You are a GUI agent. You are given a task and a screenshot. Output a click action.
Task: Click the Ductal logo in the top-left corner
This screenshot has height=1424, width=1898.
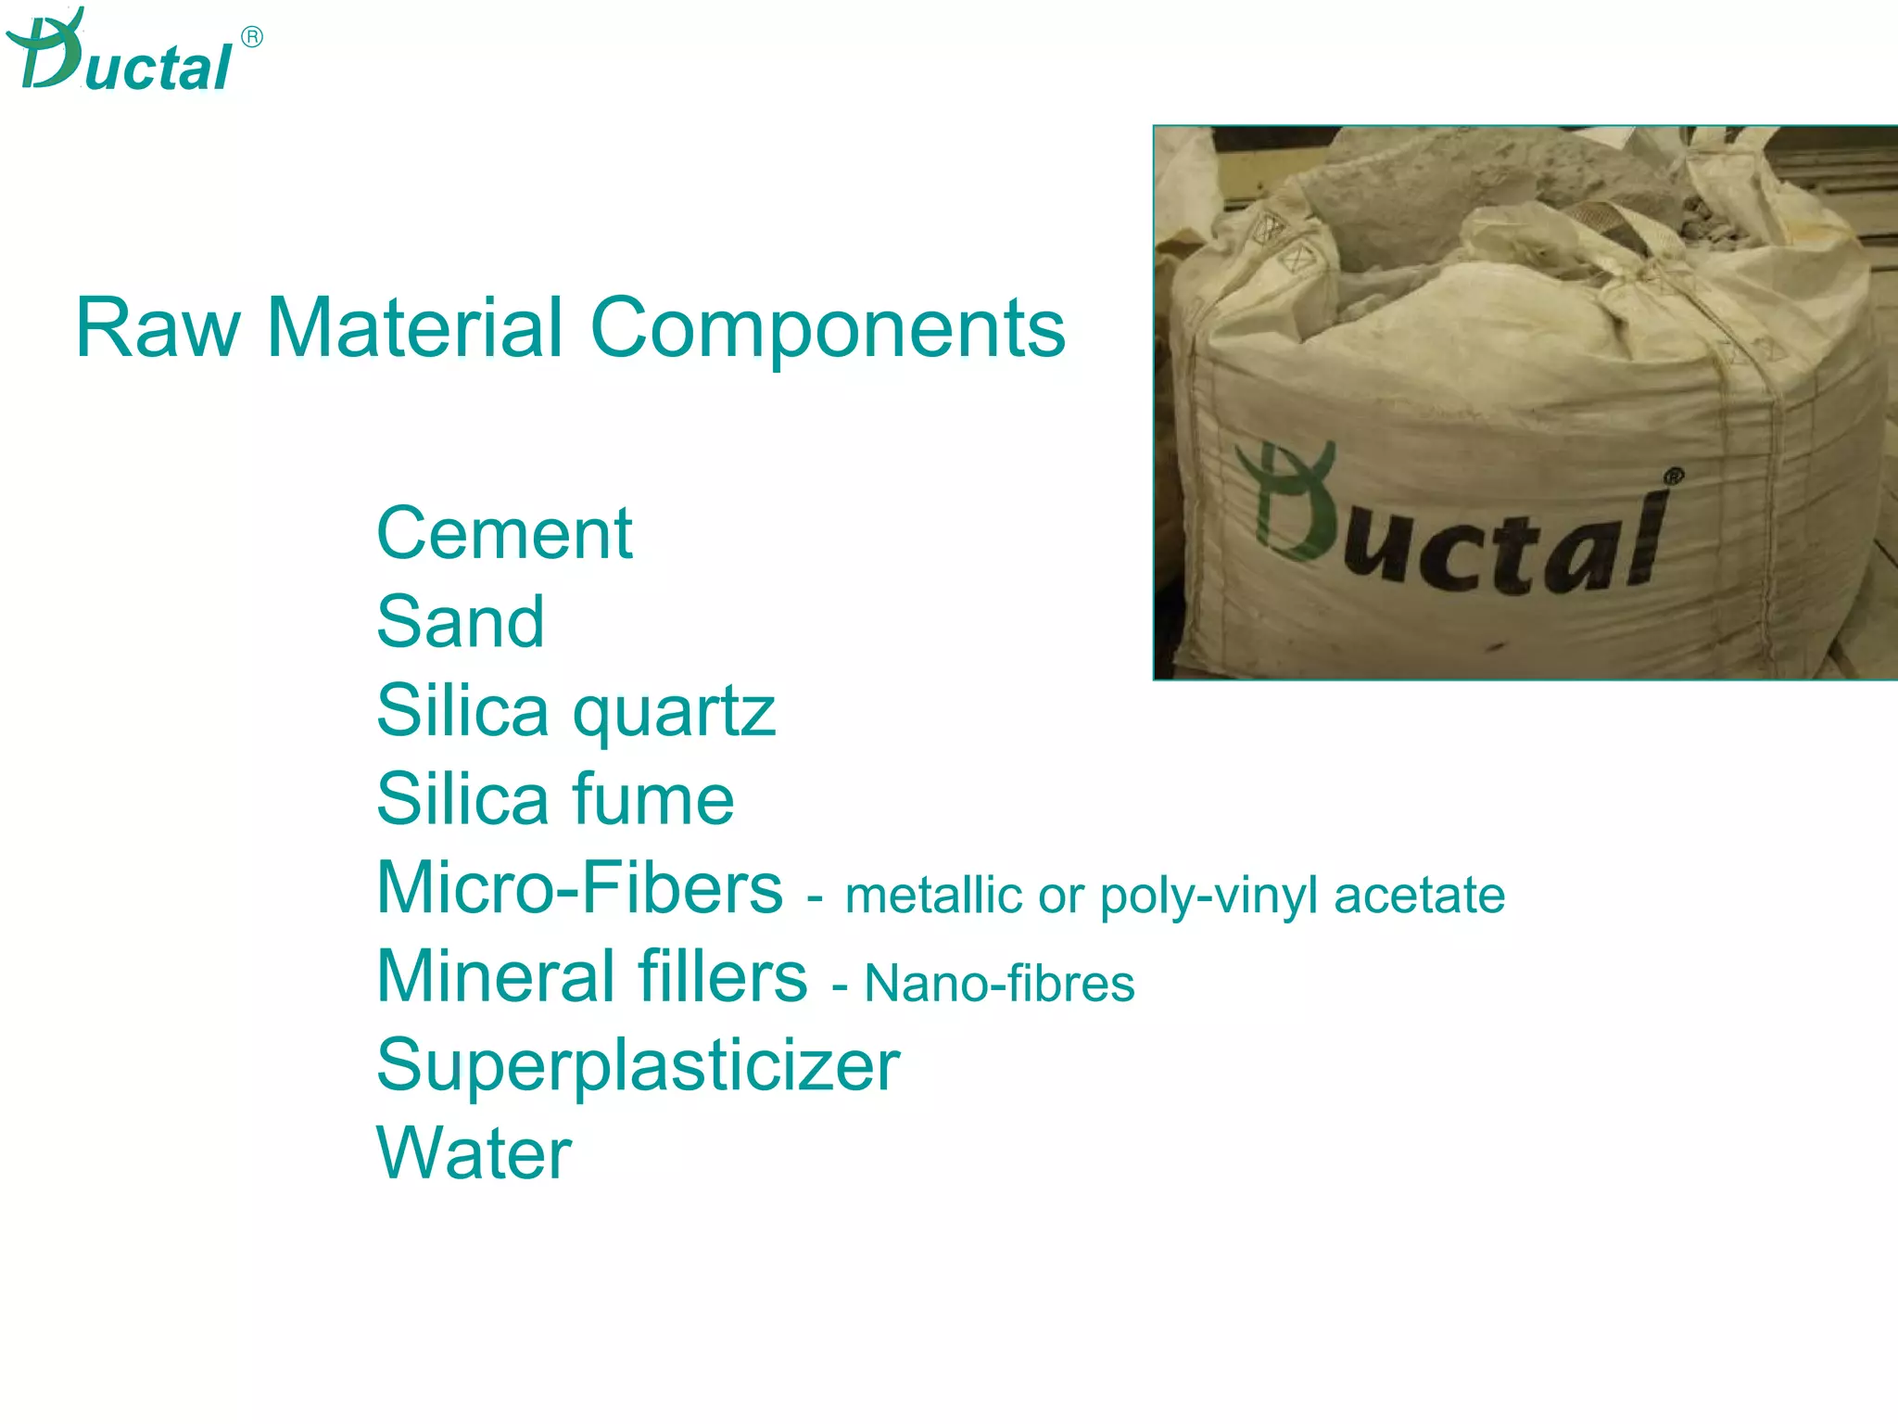pos(120,54)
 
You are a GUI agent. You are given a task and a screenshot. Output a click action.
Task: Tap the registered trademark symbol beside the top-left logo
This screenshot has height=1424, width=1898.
pos(251,37)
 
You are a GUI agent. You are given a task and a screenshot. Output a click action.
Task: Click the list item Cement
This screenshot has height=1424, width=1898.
pos(504,534)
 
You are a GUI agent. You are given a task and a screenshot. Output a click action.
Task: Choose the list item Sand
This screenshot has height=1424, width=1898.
pos(461,621)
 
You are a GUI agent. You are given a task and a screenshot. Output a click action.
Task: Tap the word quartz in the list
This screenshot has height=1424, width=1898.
pos(674,712)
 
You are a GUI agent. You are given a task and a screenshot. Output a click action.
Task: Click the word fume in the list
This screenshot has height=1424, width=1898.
pos(653,798)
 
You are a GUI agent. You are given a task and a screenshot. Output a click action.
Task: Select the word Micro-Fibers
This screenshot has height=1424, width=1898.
pos(580,887)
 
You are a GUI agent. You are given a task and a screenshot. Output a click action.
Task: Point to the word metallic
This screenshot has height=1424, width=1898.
pos(933,896)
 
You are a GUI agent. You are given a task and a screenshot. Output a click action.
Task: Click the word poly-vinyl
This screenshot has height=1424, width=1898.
pos(1208,896)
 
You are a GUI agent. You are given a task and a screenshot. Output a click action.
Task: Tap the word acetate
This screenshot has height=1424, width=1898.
pos(1419,896)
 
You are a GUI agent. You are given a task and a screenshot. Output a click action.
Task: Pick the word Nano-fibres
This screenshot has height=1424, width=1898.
pos(999,984)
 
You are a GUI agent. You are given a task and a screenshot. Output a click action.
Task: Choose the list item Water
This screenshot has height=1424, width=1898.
pos(474,1153)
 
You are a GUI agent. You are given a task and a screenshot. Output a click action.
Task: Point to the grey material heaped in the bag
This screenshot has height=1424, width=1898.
pos(1483,185)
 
